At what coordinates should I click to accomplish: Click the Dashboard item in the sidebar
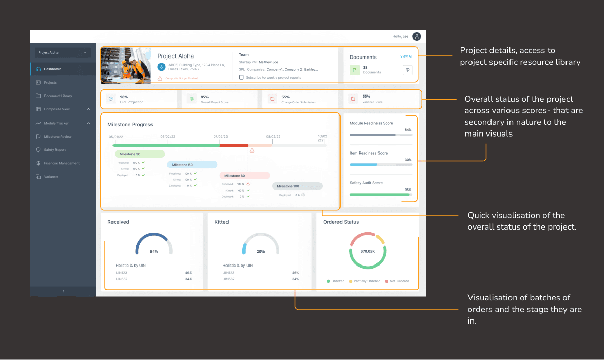(x=52, y=69)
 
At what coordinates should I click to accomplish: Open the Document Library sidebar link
(x=58, y=96)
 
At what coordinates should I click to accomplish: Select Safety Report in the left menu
(x=54, y=150)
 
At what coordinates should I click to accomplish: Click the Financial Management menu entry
(x=61, y=163)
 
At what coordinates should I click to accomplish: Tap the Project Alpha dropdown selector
(x=63, y=52)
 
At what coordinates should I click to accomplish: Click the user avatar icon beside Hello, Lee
(x=417, y=36)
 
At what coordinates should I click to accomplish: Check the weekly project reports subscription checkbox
(x=241, y=78)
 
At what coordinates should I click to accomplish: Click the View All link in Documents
(x=406, y=56)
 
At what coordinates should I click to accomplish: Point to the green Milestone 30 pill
(x=139, y=154)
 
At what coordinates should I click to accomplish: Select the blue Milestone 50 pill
(x=192, y=165)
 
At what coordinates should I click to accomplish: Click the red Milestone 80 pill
(x=244, y=176)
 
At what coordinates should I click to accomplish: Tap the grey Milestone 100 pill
(x=297, y=186)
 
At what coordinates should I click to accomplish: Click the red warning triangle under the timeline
(x=252, y=150)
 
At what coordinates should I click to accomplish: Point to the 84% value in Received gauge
(x=154, y=252)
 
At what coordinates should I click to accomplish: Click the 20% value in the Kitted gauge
(x=260, y=252)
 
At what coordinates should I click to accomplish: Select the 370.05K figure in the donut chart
(x=367, y=252)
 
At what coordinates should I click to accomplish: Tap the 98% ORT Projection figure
(x=124, y=97)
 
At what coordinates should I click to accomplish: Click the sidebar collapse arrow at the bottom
(x=63, y=291)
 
